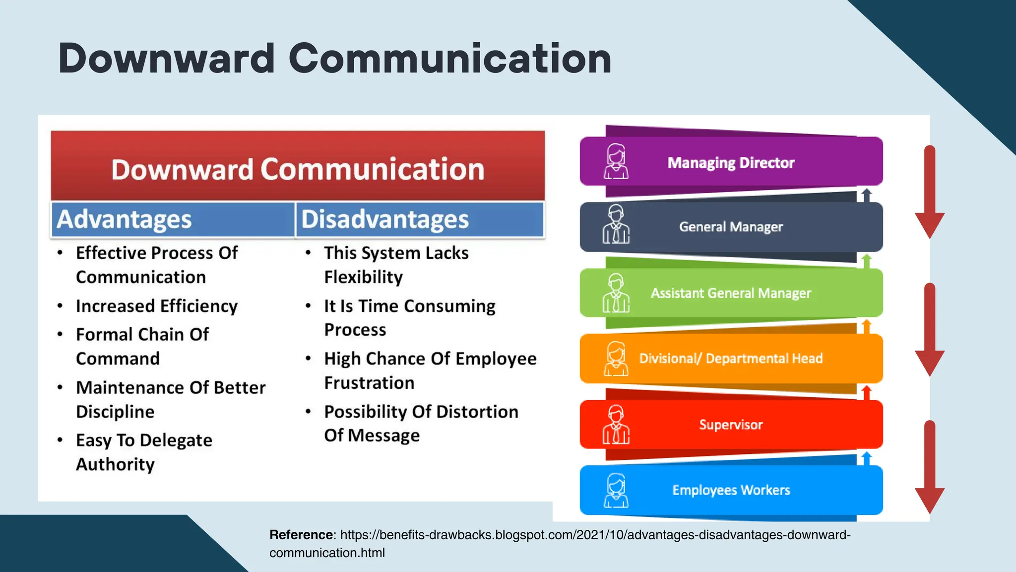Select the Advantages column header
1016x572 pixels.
[x=124, y=219]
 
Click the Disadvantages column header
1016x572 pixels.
[x=385, y=219]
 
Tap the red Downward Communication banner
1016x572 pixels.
[x=298, y=169]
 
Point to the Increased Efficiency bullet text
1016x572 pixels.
[x=157, y=306]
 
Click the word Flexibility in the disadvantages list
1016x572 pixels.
[x=363, y=277]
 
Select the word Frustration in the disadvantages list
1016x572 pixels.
[x=369, y=383]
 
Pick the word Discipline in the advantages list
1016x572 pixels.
[x=115, y=412]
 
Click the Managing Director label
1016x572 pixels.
[x=731, y=163]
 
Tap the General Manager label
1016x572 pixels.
[x=731, y=227]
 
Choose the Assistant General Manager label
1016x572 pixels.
[x=731, y=293]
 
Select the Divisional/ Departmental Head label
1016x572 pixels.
[x=731, y=358]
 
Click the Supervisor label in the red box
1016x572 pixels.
[x=731, y=425]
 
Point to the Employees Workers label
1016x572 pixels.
[x=731, y=490]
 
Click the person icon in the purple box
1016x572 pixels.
[x=616, y=161]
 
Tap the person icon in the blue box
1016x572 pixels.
[x=616, y=490]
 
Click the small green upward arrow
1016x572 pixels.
[x=867, y=261]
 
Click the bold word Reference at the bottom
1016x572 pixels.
[x=302, y=535]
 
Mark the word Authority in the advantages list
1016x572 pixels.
[x=115, y=464]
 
